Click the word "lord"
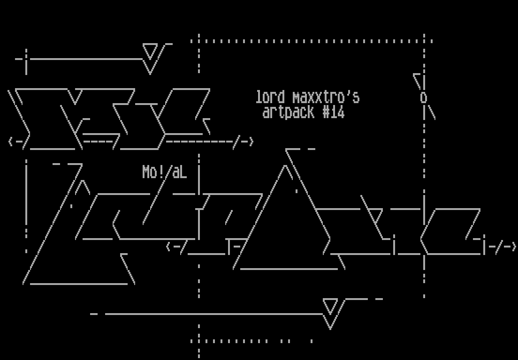pyautogui.click(x=270, y=97)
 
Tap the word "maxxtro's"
pyautogui.click(x=326, y=97)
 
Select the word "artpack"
pyautogui.click(x=288, y=112)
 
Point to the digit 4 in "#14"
pyautogui.click(x=341, y=112)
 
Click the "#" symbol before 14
pyautogui.click(x=326, y=112)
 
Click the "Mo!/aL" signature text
pyautogui.click(x=164, y=172)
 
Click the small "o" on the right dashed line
pyautogui.click(x=424, y=98)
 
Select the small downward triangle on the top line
pyautogui.click(x=150, y=52)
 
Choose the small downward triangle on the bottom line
pyautogui.click(x=330, y=307)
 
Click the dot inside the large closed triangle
pyautogui.click(x=296, y=191)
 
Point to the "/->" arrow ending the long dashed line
pyautogui.click(x=244, y=141)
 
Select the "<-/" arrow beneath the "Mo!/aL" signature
pyautogui.click(x=176, y=247)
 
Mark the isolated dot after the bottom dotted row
pyautogui.click(x=312, y=341)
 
